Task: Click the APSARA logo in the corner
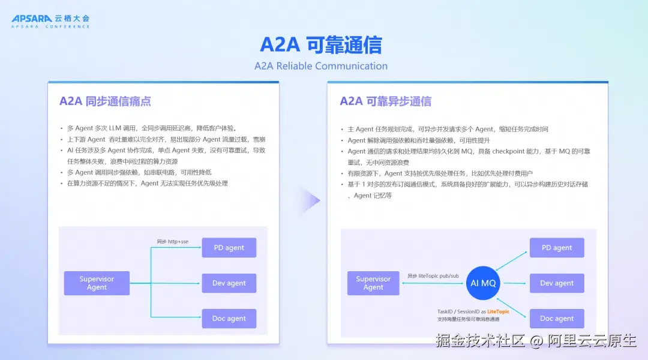pos(50,21)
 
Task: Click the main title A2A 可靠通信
pos(320,44)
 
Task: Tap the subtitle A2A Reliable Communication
pos(320,66)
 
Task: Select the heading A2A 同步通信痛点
pos(105,101)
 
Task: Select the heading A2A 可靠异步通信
pos(385,101)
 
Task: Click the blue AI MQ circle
pos(482,283)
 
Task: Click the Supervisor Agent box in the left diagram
pos(97,283)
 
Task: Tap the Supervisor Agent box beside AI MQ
pos(373,283)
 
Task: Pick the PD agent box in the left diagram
pos(229,248)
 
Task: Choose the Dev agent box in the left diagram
pos(229,283)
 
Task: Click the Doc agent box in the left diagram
pos(229,319)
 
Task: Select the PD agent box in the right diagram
pos(557,248)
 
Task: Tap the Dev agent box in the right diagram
pos(557,283)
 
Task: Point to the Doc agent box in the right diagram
pos(557,319)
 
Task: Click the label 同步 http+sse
pos(172,241)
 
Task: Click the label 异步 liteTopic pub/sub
pos(433,275)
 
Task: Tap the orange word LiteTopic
pos(498,311)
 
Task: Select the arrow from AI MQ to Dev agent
pos(515,283)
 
